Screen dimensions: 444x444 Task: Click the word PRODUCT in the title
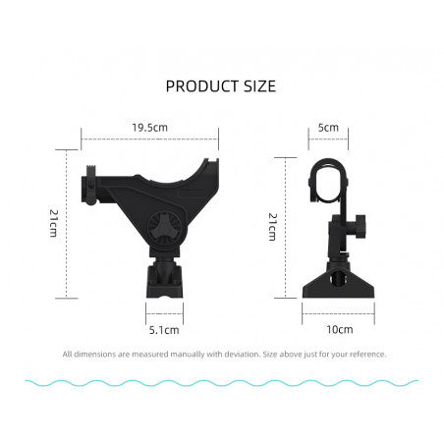[202, 86]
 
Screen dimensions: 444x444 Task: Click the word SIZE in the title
[259, 86]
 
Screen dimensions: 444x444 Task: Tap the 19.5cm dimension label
[149, 128]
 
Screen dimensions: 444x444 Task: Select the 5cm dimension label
[328, 128]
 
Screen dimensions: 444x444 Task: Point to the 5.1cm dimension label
[164, 330]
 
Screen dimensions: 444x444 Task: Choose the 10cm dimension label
[340, 329]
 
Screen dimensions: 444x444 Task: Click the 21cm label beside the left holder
[54, 223]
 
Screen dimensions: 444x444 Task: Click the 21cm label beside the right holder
[273, 227]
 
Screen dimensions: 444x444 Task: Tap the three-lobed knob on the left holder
[164, 228]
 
